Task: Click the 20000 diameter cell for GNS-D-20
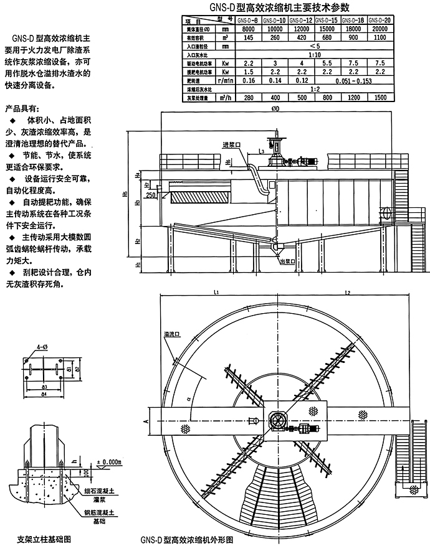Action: [x=380, y=29]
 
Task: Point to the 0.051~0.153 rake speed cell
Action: [x=357, y=81]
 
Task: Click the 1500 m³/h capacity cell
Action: [x=380, y=98]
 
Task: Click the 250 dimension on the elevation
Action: [x=150, y=195]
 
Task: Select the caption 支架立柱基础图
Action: [x=47, y=539]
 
